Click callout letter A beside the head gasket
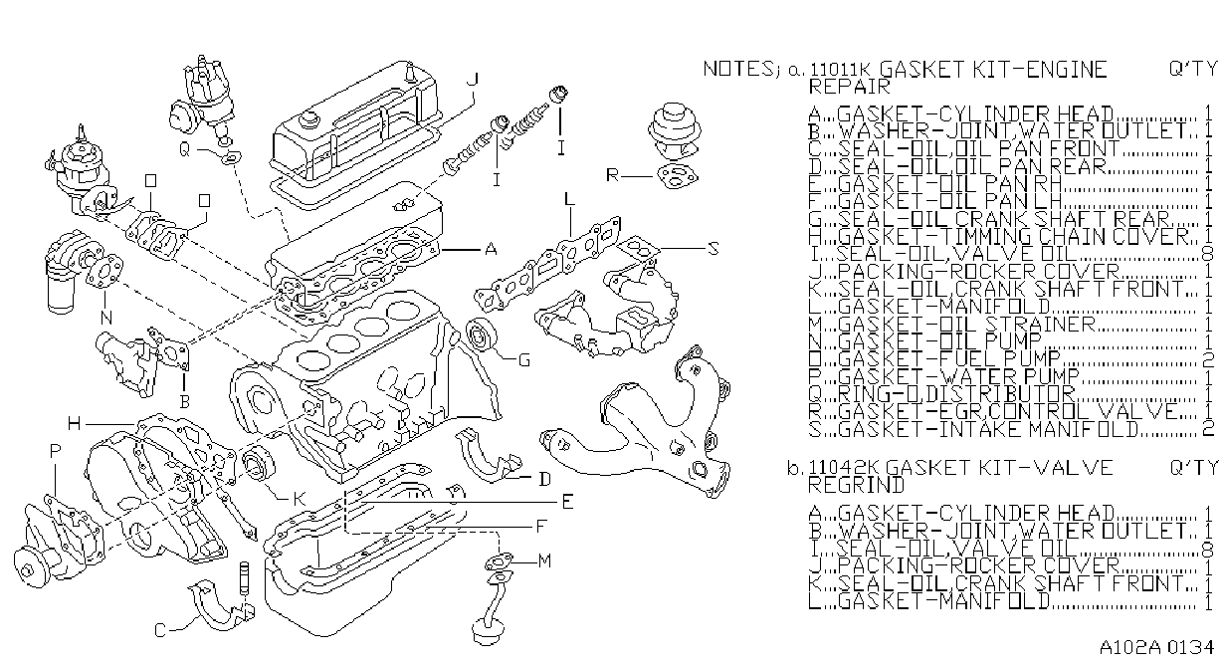coord(491,249)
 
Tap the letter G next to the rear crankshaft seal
coord(524,360)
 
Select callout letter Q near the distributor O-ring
coord(184,149)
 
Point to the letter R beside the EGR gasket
coord(613,175)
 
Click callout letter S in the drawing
coord(713,249)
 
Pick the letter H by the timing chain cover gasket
coord(75,423)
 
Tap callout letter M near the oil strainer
coord(544,560)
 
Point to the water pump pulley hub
coord(27,567)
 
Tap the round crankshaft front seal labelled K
coord(259,464)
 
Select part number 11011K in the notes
coord(840,70)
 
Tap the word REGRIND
coord(857,485)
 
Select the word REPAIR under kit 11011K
coord(850,87)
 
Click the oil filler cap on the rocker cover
coord(309,119)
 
